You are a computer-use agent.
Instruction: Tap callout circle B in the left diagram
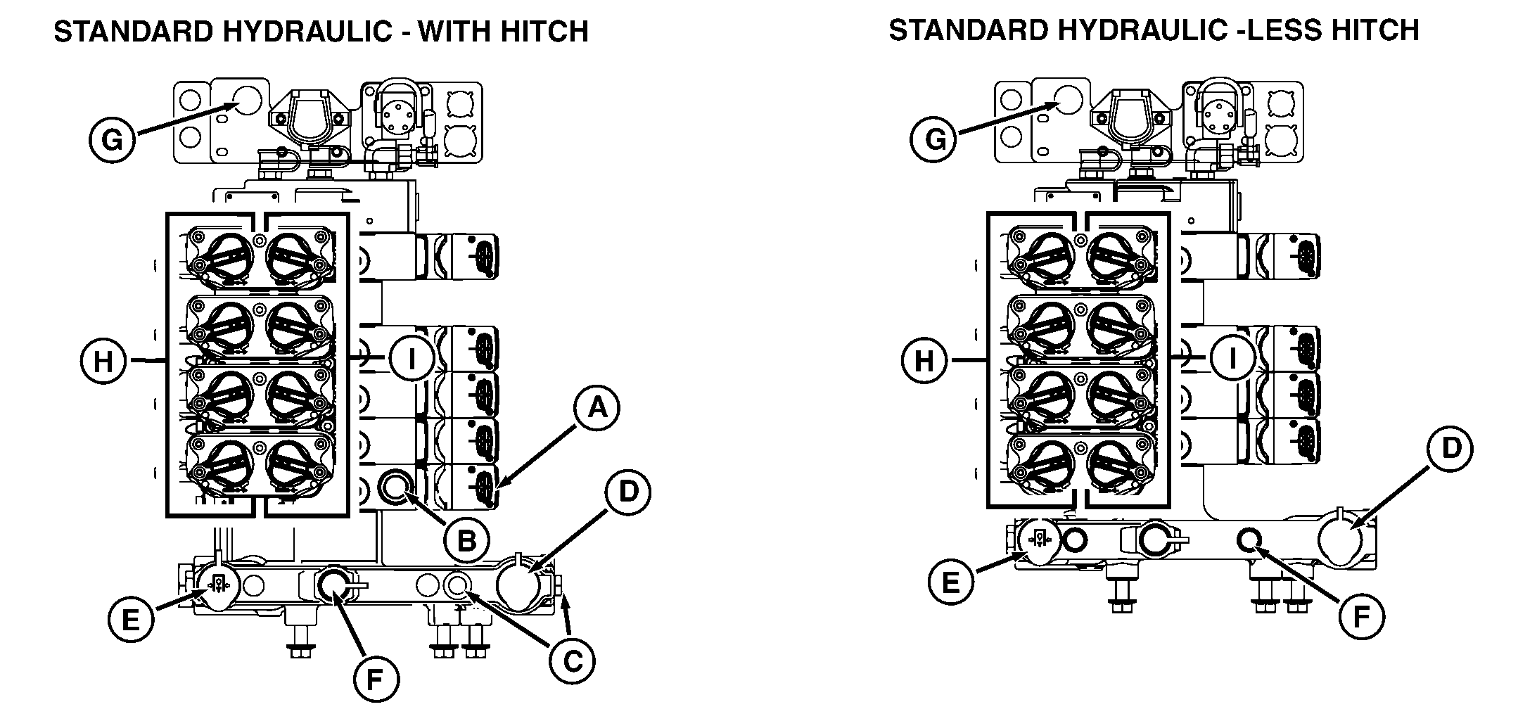(x=467, y=540)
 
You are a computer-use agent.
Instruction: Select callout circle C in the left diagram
(x=572, y=661)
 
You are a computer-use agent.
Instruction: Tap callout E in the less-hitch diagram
(x=950, y=582)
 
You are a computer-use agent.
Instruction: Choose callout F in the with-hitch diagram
(x=375, y=679)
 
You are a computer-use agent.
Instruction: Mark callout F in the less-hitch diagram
(x=1360, y=618)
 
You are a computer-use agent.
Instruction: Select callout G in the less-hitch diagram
(x=934, y=140)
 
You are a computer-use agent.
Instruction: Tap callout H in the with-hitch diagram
(x=103, y=362)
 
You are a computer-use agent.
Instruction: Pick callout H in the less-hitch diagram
(x=924, y=362)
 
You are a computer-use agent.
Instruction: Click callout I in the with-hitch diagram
(x=412, y=359)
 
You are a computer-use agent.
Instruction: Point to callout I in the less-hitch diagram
(x=1232, y=359)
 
